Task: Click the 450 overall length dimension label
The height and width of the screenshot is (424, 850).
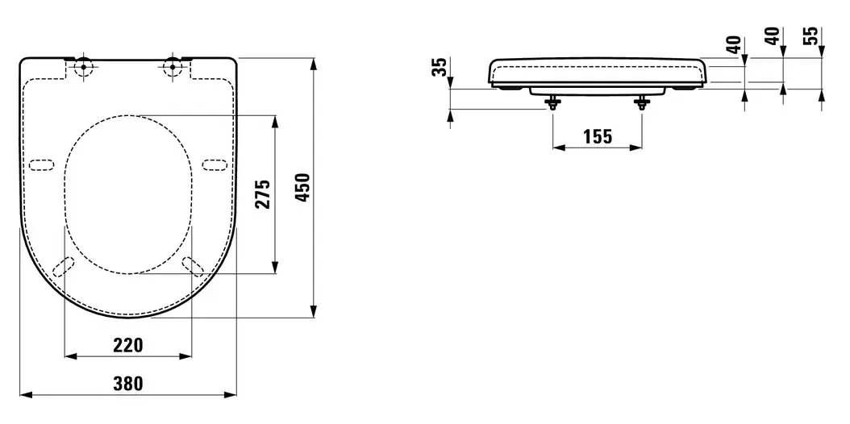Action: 305,187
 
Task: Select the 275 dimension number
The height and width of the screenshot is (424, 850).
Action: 263,193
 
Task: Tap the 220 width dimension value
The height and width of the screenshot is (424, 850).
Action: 128,345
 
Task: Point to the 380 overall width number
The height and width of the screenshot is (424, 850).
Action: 128,384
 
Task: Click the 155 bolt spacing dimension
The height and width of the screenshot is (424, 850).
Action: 598,137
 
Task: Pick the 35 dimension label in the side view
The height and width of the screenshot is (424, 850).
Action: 442,67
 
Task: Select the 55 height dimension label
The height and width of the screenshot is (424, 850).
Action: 813,35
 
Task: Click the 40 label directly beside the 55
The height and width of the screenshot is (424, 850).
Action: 774,35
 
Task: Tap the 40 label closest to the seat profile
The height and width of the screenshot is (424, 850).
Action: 735,44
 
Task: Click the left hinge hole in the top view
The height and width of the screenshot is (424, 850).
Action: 84,68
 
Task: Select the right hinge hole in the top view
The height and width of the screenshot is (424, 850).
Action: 173,68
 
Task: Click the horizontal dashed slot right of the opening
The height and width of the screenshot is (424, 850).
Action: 215,165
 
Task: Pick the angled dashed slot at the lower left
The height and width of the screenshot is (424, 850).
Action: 64,267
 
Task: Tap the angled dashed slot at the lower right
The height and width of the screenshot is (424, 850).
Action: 193,267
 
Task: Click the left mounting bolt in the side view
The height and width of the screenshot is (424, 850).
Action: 552,102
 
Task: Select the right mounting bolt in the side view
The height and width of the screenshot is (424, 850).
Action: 643,102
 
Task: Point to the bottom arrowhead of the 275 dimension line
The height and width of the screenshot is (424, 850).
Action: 275,267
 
